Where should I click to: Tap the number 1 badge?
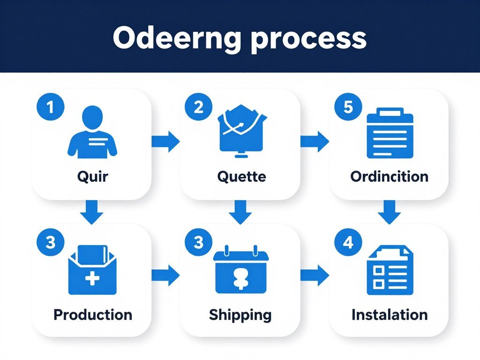[50, 107]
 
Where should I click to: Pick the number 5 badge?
[348, 107]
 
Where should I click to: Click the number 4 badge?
[348, 243]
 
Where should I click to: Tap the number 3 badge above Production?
[50, 243]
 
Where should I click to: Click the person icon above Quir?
[92, 132]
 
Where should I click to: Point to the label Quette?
[241, 177]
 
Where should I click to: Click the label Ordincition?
[389, 177]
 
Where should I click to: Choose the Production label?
[92, 314]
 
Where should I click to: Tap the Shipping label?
[240, 315]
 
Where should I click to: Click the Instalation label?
[389, 314]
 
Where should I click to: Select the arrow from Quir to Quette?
[166, 141]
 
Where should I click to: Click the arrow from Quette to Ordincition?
[315, 141]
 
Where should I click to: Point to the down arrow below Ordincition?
[390, 212]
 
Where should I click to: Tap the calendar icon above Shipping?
[241, 270]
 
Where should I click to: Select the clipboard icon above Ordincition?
[390, 133]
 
